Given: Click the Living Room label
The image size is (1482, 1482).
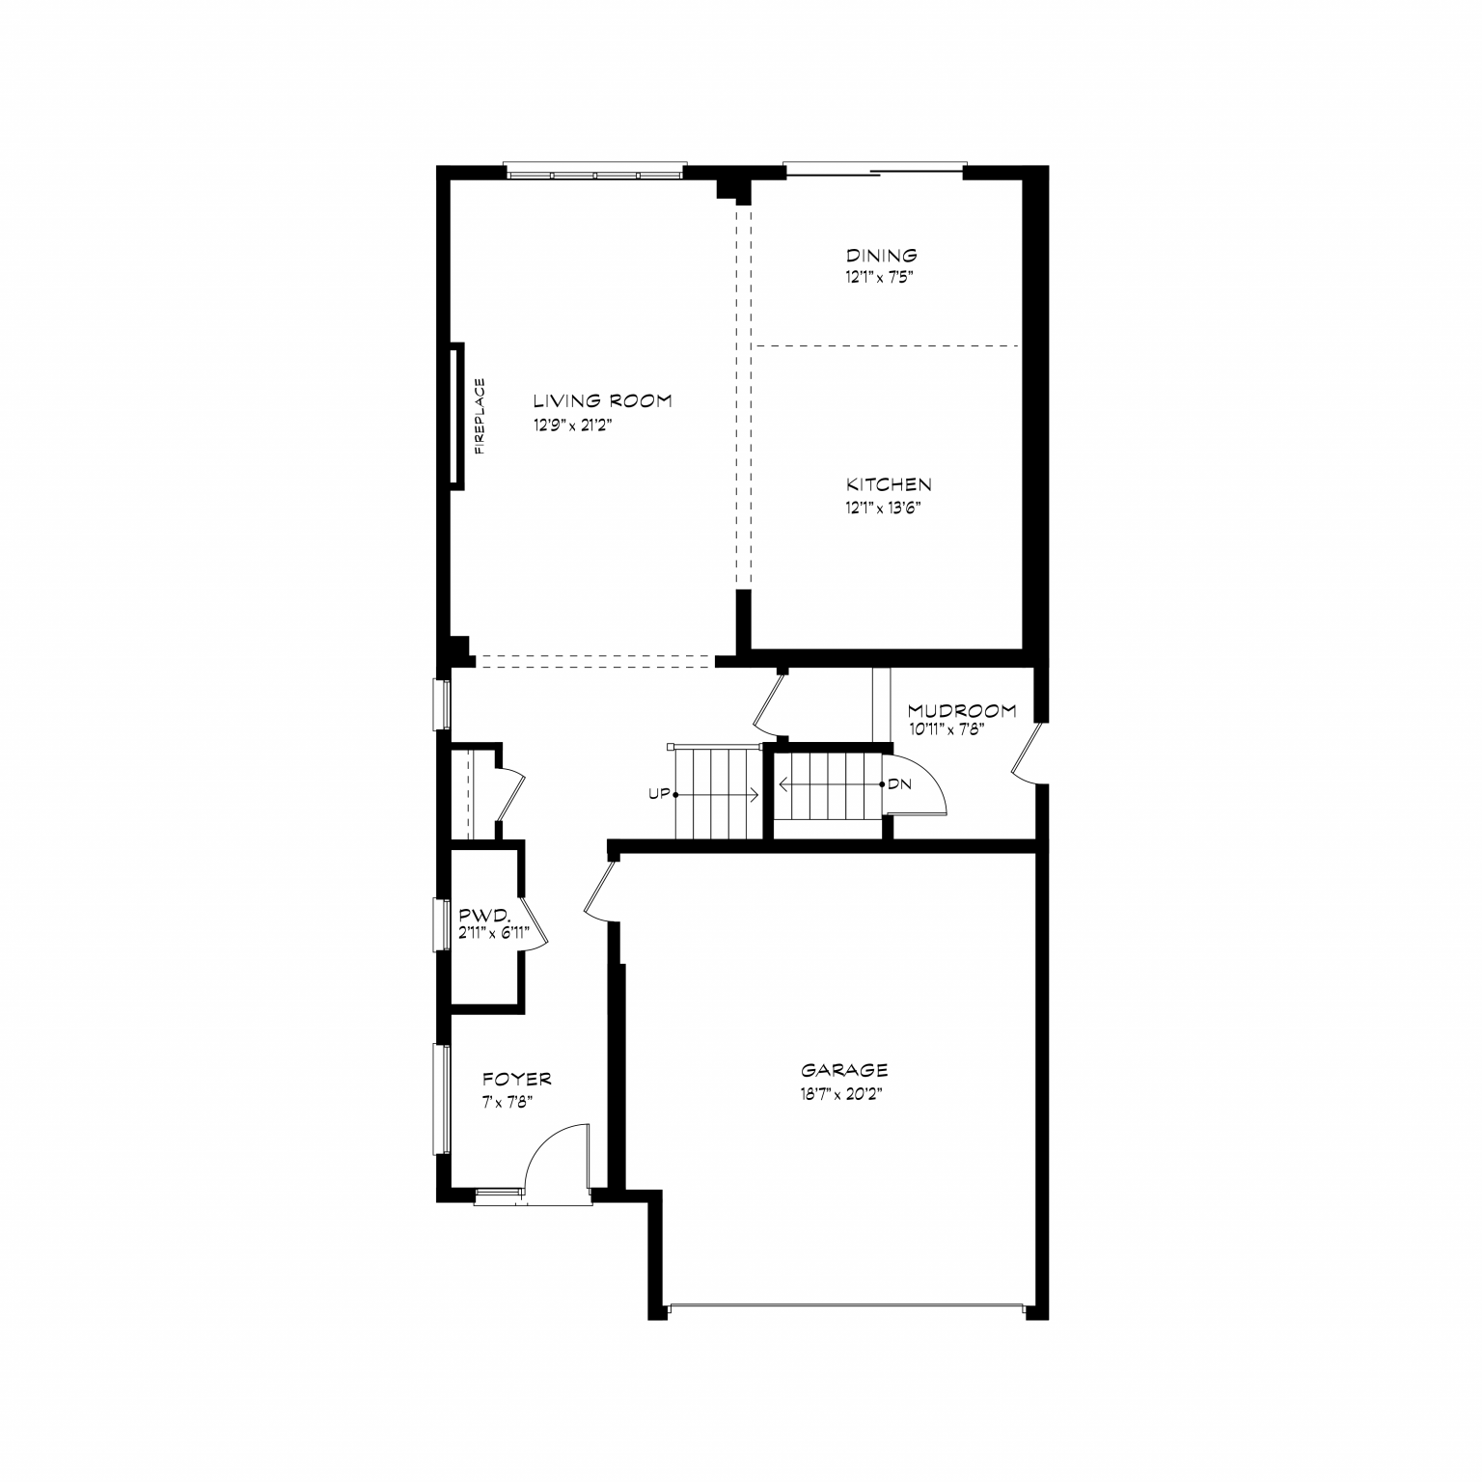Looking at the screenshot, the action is click(602, 400).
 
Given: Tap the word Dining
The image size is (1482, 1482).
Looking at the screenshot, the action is click(882, 256).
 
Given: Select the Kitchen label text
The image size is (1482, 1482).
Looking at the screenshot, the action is click(889, 484).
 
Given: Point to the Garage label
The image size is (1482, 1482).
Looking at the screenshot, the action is click(844, 1070).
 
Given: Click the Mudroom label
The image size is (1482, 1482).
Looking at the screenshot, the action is click(962, 711).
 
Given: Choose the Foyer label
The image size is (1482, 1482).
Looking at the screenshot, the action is click(517, 1079).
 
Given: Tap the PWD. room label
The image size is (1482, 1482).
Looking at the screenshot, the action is click(478, 915).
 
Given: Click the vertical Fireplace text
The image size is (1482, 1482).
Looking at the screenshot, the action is click(480, 416).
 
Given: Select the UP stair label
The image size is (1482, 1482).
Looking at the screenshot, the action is click(659, 794).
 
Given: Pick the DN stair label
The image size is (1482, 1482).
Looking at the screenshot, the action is click(899, 784).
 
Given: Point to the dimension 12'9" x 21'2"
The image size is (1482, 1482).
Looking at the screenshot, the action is click(573, 425).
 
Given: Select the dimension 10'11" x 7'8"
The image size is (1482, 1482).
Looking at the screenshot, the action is click(947, 730).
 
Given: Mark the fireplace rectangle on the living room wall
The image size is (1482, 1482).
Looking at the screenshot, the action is click(456, 416).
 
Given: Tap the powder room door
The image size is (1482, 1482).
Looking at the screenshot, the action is click(535, 926).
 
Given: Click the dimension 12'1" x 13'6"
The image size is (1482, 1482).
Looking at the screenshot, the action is click(879, 508).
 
